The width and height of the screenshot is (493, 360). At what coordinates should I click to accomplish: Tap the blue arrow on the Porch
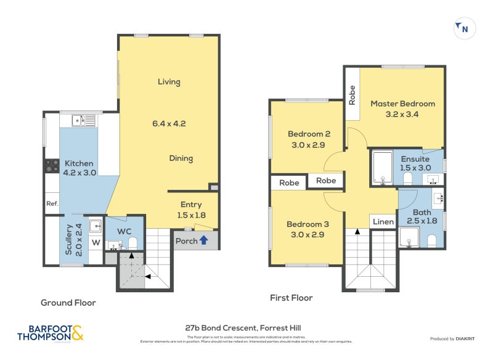coord(203,240)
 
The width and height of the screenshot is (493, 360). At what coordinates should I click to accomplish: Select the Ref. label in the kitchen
coord(51,203)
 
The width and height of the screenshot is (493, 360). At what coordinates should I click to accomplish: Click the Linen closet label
coord(383,221)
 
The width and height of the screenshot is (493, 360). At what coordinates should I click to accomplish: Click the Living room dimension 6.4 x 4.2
coord(169,123)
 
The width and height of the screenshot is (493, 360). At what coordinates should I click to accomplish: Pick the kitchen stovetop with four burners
coord(51,165)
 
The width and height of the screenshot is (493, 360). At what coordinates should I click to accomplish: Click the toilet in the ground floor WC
coord(132,244)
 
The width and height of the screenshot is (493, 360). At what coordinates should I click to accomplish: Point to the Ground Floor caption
coord(68,303)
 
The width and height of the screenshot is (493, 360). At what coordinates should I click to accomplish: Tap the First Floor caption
coord(291,298)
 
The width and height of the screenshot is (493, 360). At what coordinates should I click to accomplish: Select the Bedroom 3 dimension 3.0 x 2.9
coord(306,234)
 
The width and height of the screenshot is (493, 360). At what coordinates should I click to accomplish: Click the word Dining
coord(181,158)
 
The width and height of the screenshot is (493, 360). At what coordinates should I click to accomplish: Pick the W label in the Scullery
coord(96,242)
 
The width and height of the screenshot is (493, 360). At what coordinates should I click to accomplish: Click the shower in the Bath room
coord(409,237)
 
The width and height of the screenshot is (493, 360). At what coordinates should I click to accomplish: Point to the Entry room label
coord(190,205)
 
